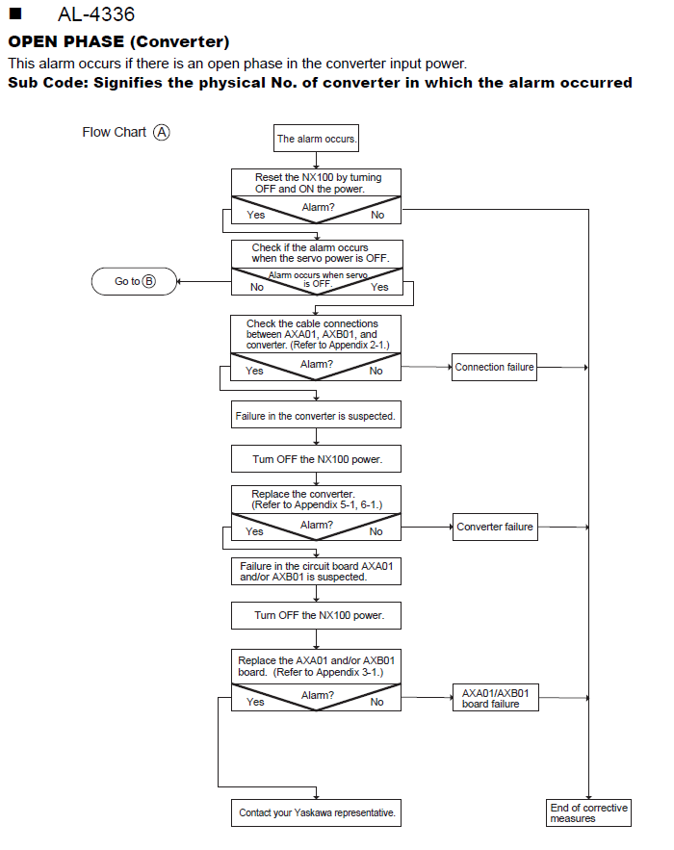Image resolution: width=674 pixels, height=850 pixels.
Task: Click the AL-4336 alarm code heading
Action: click(96, 14)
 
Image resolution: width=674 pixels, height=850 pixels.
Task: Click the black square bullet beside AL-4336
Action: click(15, 13)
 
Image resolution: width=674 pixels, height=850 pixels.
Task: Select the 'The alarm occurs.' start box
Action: click(316, 139)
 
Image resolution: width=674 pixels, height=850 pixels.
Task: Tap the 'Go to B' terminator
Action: click(135, 281)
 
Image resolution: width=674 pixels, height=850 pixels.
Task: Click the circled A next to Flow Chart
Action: click(162, 132)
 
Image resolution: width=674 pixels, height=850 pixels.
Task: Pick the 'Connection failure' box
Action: click(494, 367)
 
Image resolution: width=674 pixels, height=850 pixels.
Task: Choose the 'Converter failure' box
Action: click(495, 527)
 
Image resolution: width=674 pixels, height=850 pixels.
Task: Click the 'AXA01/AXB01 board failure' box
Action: click(496, 698)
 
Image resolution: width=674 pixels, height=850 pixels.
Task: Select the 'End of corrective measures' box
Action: click(589, 812)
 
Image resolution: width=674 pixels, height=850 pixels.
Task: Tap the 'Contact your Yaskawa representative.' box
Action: click(316, 812)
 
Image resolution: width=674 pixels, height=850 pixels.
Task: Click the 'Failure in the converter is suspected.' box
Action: click(316, 415)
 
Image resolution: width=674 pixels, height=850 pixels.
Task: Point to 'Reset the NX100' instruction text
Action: click(319, 183)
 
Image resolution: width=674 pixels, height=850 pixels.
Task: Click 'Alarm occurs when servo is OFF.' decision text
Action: click(318, 279)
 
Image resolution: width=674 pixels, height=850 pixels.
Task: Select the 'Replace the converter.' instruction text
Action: click(317, 500)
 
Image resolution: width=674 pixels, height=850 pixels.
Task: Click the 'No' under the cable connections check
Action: click(376, 371)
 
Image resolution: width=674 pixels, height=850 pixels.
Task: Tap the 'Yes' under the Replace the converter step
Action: click(254, 531)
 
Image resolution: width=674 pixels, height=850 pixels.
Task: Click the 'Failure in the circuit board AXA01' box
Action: click(316, 572)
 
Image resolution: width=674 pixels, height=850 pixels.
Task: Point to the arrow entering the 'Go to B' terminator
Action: click(204, 281)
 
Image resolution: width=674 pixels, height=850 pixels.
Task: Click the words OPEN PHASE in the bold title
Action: click(65, 41)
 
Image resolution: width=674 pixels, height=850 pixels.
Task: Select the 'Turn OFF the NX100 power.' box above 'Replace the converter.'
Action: click(316, 459)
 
